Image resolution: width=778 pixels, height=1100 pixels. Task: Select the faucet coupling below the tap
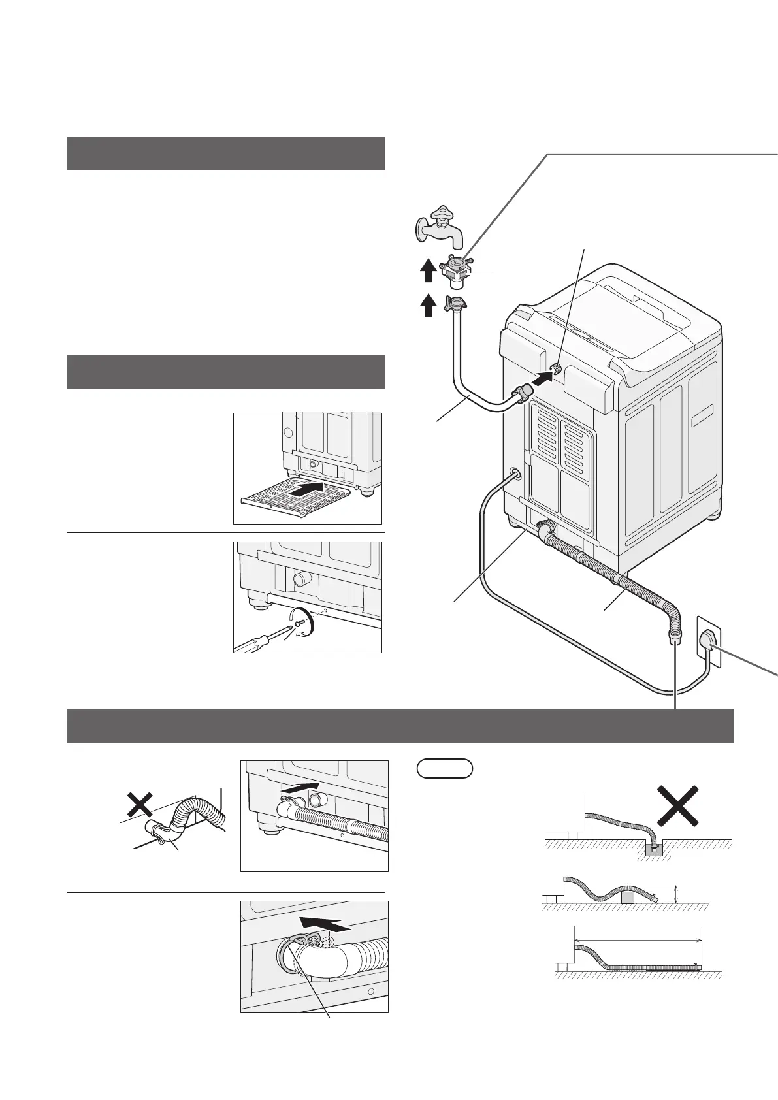(457, 270)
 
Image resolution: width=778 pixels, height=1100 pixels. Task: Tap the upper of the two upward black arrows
(427, 270)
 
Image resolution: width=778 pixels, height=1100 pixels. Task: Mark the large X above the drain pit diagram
(680, 805)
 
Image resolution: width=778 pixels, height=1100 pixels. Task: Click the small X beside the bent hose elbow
(140, 804)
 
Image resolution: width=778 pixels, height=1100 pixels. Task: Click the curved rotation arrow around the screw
(304, 620)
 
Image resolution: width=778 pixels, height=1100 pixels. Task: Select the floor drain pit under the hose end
(653, 849)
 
